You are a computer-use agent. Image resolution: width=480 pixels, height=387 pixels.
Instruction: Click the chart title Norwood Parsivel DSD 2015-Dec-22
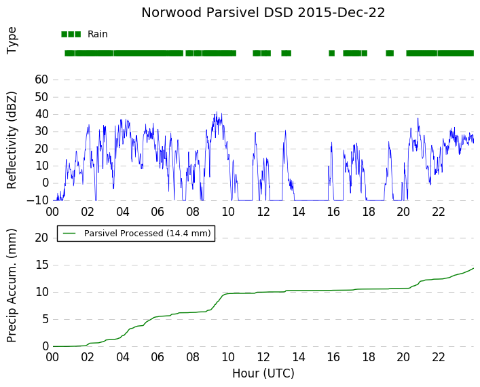(x=263, y=13)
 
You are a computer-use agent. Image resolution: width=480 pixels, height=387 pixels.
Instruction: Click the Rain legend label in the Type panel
(x=98, y=34)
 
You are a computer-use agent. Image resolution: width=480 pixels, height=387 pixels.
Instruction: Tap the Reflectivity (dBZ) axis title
(x=12, y=141)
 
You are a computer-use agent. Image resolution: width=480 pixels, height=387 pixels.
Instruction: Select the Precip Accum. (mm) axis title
(x=12, y=285)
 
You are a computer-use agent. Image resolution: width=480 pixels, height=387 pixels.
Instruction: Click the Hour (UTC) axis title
(x=263, y=373)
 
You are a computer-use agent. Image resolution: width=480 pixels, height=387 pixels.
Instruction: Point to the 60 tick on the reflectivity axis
(x=41, y=79)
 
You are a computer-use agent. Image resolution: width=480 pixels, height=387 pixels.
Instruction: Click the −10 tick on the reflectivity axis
(x=37, y=200)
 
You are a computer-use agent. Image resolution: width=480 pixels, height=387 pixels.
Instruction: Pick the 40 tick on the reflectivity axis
(x=41, y=114)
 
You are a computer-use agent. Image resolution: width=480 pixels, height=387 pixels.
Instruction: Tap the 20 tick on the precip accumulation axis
(x=41, y=238)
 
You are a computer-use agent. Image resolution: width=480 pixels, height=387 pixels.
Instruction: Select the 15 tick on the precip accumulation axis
(x=41, y=265)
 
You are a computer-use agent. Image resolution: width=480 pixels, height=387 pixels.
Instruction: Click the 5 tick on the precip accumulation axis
(x=45, y=319)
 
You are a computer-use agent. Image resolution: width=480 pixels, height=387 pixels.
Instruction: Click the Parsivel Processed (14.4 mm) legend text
(x=147, y=234)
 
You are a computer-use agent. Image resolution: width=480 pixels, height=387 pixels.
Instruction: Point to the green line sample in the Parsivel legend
(x=70, y=234)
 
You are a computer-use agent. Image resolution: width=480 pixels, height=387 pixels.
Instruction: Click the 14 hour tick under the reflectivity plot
(x=299, y=212)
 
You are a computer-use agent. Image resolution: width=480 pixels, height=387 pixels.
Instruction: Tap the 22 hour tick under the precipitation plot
(x=439, y=357)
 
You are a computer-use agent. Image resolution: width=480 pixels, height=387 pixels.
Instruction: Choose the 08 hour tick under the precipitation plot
(x=193, y=357)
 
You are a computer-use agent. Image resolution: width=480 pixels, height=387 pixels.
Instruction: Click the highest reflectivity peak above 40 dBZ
(x=217, y=112)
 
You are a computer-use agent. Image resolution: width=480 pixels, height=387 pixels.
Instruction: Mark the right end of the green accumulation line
(x=474, y=268)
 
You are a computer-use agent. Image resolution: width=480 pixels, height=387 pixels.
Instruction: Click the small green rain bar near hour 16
(x=331, y=53)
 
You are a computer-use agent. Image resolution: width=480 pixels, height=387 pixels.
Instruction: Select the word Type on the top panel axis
(x=12, y=41)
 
